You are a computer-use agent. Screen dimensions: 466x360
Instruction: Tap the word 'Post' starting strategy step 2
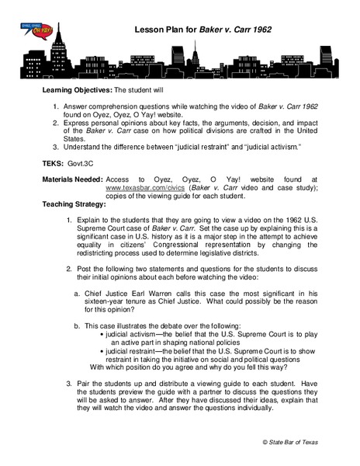tap(85, 266)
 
